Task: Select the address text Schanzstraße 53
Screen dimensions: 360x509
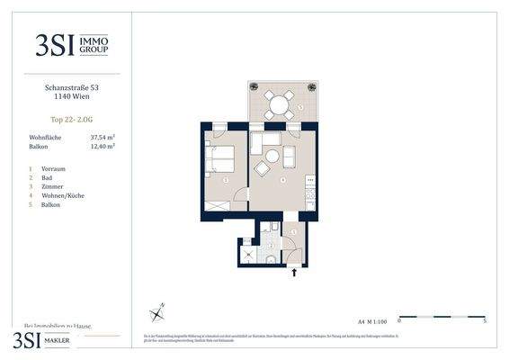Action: click(x=71, y=87)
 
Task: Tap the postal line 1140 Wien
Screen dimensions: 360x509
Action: click(x=71, y=97)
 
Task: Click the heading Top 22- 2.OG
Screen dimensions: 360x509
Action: click(x=71, y=119)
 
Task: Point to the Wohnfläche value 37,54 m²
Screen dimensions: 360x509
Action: click(x=103, y=137)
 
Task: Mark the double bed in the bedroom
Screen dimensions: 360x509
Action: click(x=221, y=159)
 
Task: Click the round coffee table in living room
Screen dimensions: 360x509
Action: click(x=272, y=156)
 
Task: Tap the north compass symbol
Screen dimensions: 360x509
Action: click(x=158, y=312)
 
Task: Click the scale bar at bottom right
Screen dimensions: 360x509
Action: click(x=442, y=317)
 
